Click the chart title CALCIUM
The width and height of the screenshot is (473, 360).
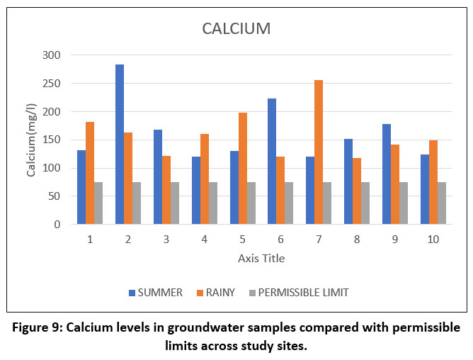[x=236, y=29]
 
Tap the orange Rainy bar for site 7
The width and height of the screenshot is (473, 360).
[x=319, y=152]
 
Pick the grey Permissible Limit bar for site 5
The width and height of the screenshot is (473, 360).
[x=251, y=203]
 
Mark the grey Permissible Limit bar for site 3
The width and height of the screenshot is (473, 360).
[x=174, y=203]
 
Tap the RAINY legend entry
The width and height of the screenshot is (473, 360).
[x=219, y=292]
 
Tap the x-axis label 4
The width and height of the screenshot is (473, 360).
[x=205, y=240]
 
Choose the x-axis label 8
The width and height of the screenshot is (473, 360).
[x=357, y=240]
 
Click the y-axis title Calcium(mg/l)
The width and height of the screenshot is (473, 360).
[x=31, y=140]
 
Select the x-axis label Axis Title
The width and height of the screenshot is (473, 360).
[x=261, y=259]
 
